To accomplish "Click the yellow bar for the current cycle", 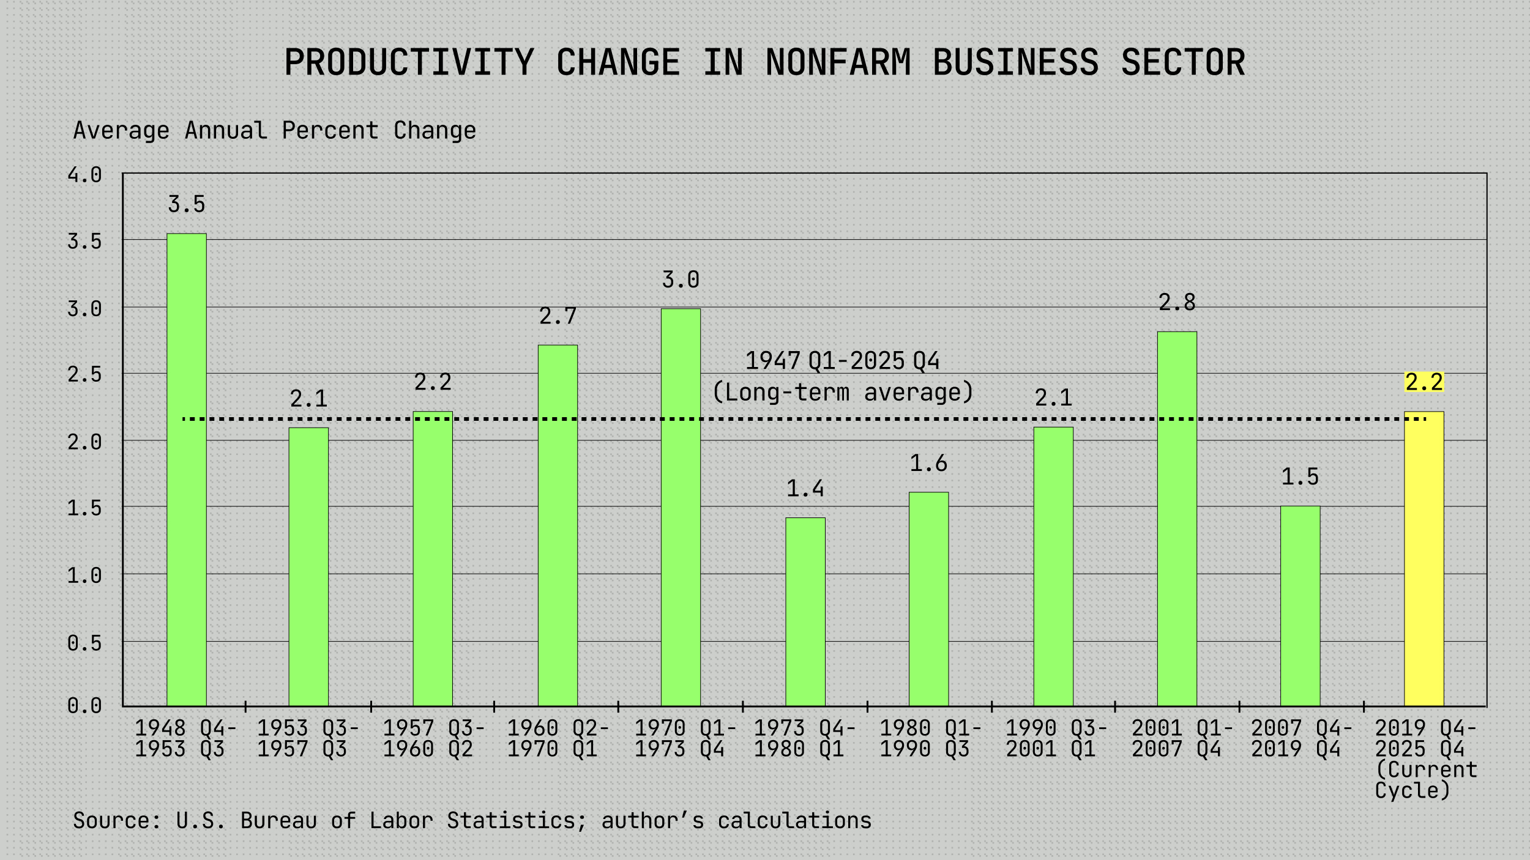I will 1424,560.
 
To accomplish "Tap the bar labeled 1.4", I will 805,612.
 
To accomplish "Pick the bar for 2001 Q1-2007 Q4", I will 1177,520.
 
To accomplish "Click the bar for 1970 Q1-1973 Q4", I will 681,508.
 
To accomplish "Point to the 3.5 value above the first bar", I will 187,204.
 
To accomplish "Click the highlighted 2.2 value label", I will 1424,382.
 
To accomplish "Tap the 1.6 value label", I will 928,464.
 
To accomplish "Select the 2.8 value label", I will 1177,302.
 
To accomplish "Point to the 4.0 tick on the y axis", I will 84,175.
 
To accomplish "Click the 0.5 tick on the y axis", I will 84,643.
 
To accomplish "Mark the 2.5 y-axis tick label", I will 84,374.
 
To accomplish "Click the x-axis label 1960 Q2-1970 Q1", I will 558,738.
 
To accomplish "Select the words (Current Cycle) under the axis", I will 1425,780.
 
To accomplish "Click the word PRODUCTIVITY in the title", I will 409,62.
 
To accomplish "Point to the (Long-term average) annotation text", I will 843,392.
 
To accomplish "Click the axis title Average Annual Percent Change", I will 274,130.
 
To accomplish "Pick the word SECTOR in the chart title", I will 1182,62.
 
